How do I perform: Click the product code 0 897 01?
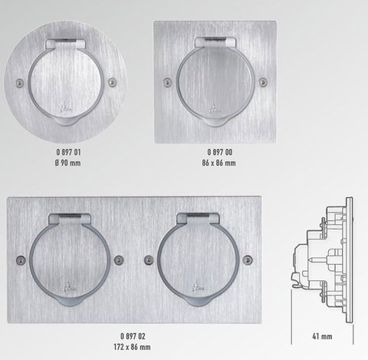68,152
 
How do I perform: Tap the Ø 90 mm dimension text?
68,163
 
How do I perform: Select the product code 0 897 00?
220,152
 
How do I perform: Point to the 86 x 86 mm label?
219,163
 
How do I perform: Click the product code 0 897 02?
133,336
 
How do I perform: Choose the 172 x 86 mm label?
132,347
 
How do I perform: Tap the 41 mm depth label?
322,336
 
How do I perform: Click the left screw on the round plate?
20,83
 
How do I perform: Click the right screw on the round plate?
112,82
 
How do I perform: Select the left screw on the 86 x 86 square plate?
167,82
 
